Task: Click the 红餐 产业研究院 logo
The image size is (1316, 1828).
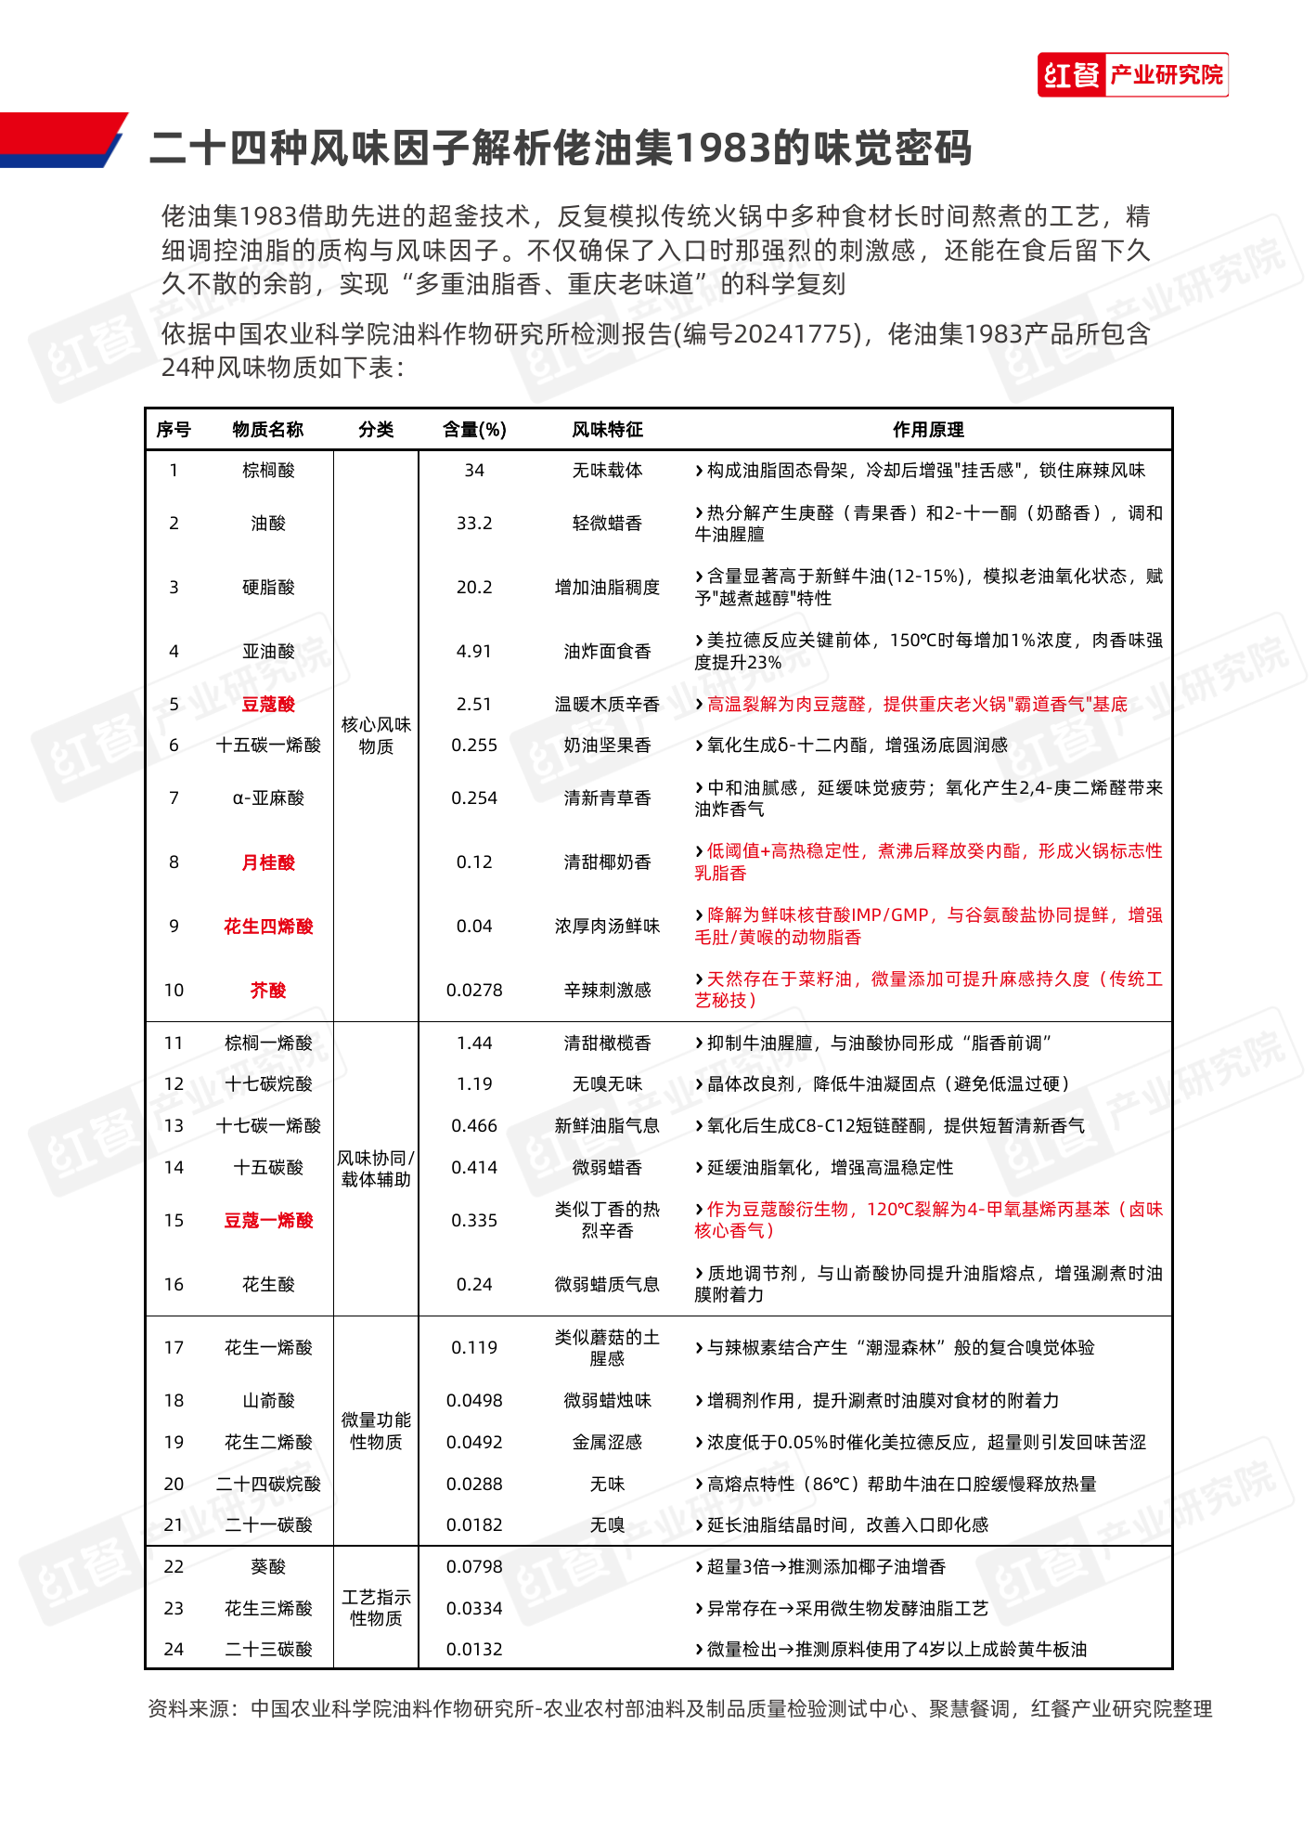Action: point(1132,74)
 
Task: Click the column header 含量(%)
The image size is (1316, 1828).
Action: point(474,430)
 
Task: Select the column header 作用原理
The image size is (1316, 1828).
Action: point(928,430)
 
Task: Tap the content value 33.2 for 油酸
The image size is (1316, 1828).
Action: point(474,524)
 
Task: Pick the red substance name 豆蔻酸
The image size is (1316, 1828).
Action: point(268,705)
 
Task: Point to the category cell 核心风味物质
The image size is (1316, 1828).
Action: point(376,735)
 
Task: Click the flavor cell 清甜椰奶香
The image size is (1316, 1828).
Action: point(607,862)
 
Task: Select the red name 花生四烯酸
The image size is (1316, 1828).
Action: point(268,927)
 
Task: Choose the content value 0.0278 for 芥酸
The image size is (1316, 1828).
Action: point(474,991)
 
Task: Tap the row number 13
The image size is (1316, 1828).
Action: point(174,1126)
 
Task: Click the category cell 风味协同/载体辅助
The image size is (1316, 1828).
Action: point(376,1169)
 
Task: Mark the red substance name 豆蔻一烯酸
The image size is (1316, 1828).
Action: point(268,1221)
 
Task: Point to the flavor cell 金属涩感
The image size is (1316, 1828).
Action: point(607,1443)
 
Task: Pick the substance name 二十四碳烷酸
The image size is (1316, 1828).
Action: point(268,1484)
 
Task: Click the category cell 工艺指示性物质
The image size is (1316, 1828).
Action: point(376,1608)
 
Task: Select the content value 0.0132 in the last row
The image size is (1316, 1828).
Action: point(474,1650)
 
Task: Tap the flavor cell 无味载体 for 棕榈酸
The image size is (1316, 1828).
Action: point(607,471)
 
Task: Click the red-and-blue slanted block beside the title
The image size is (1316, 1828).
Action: point(60,140)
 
